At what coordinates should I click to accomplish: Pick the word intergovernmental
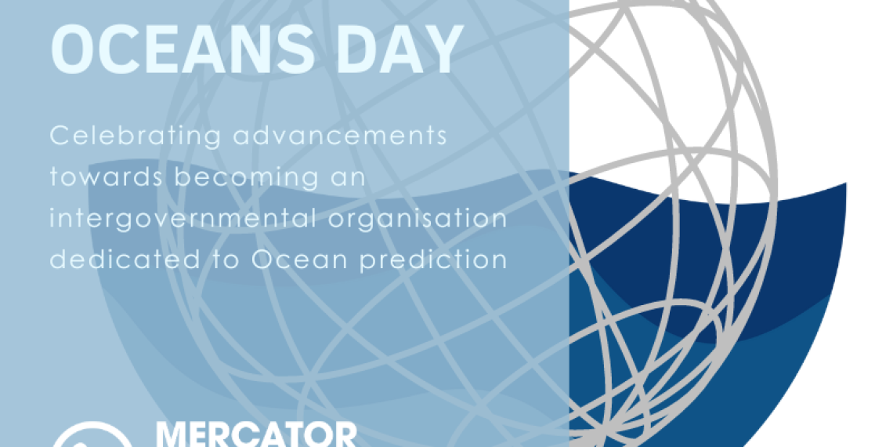189,219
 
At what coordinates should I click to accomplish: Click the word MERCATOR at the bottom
255,434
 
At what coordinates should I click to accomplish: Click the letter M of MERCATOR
172,434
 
